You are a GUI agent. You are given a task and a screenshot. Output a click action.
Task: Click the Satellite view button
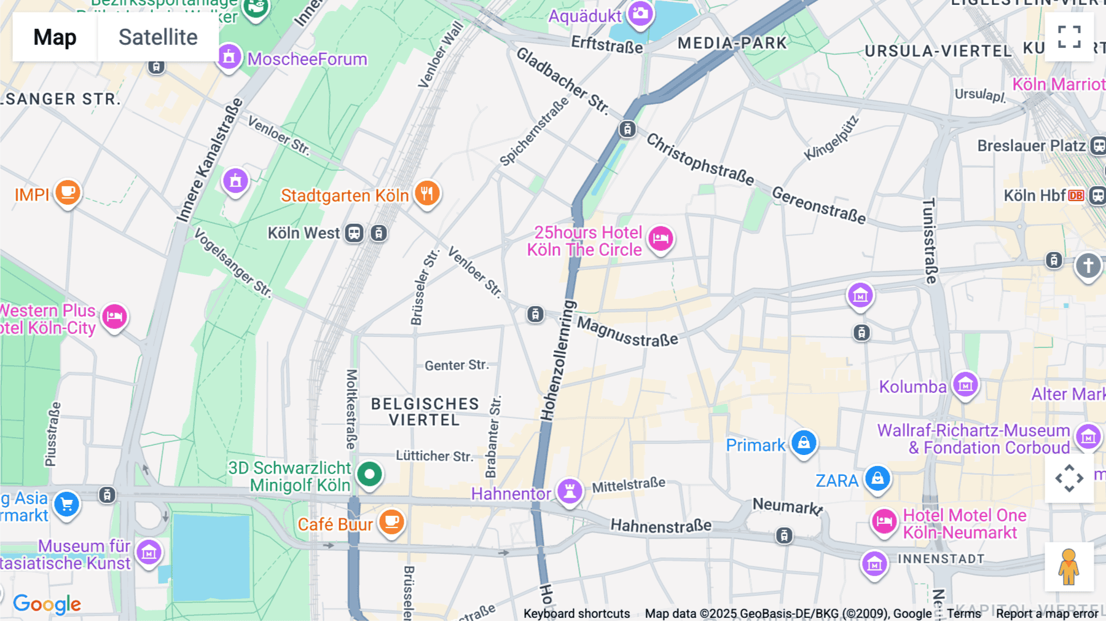point(158,37)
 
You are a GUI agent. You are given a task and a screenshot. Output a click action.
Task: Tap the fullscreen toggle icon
point(1069,37)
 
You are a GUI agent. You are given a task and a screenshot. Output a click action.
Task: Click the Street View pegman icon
point(1069,567)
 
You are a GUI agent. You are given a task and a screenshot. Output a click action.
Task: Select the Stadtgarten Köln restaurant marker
point(427,193)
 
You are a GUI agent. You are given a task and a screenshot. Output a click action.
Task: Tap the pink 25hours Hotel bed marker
point(661,238)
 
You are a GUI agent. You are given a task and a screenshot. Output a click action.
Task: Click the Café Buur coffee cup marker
point(391,522)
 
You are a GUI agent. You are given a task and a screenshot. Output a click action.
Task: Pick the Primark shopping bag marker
point(804,442)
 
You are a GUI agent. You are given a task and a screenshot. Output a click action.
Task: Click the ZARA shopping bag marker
point(877,478)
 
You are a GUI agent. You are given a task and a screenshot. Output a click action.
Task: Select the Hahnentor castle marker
point(570,491)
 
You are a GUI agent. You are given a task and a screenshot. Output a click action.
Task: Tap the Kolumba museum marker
point(965,385)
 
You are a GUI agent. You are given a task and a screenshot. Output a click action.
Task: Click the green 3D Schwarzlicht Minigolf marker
point(370,474)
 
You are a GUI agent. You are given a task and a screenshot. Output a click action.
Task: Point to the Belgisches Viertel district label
point(425,412)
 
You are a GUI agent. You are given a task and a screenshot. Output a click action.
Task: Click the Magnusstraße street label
point(627,332)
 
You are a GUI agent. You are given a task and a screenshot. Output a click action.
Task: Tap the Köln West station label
point(304,234)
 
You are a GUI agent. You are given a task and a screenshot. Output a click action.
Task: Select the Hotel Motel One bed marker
point(884,521)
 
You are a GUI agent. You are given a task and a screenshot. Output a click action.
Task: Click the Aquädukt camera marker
point(640,13)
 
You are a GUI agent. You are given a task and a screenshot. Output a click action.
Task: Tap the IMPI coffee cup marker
point(68,192)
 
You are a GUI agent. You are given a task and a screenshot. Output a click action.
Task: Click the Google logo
point(47,604)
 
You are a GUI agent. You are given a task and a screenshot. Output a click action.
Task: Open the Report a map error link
point(1046,614)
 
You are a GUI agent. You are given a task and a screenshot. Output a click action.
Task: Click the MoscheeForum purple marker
point(229,58)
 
